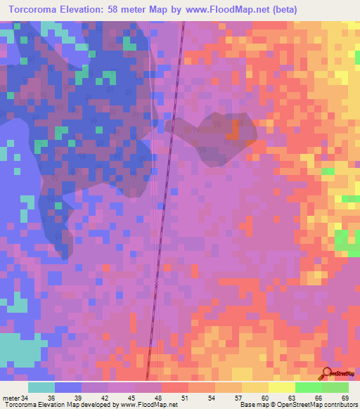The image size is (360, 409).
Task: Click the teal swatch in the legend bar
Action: [x=41, y=387]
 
